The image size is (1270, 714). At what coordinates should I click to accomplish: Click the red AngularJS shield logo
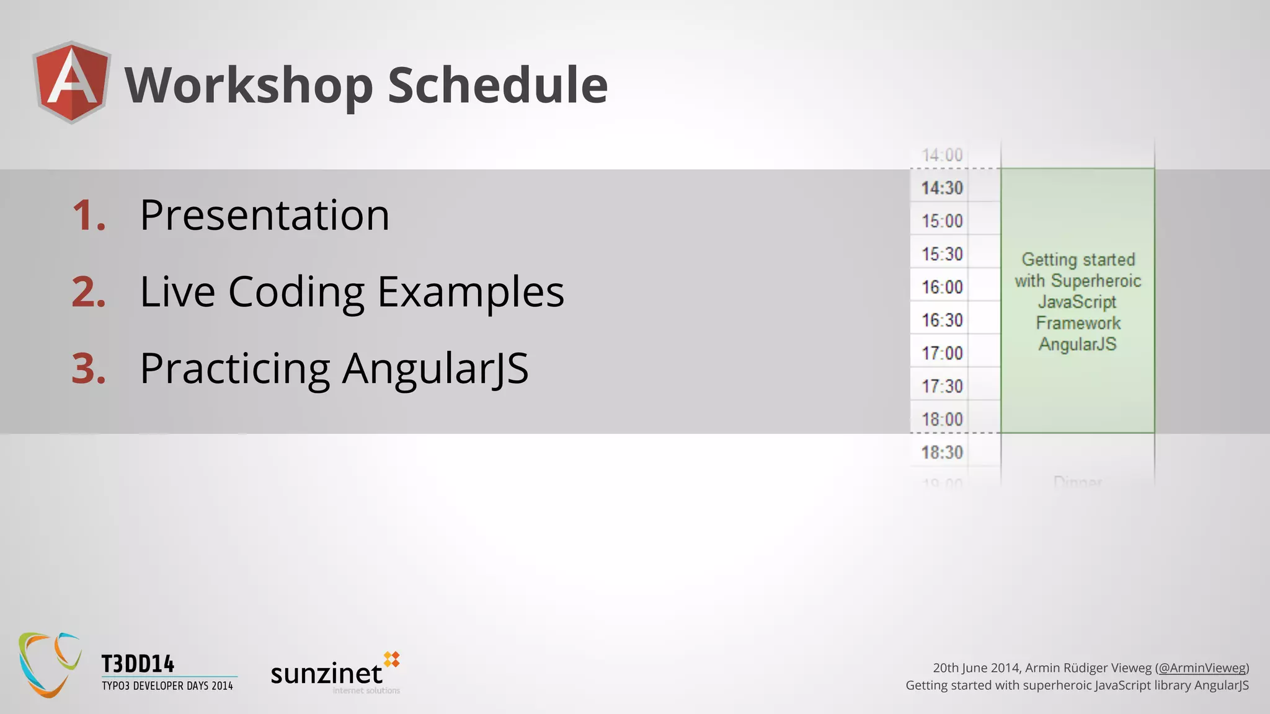(x=73, y=82)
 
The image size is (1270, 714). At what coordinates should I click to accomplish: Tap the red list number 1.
(x=89, y=216)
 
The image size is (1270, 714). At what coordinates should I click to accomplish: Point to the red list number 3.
(x=89, y=369)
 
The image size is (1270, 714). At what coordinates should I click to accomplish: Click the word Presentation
(x=265, y=215)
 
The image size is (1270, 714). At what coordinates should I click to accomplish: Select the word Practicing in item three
(x=235, y=369)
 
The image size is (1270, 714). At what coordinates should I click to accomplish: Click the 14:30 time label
(x=942, y=188)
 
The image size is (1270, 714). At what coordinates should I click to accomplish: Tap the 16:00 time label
(x=942, y=287)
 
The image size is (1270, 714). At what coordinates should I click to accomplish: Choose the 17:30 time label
(x=942, y=386)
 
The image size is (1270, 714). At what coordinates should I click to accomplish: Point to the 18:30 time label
(x=942, y=452)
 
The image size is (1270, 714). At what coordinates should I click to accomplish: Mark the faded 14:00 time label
(x=942, y=155)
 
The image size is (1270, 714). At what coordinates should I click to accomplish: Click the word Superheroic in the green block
(x=1096, y=281)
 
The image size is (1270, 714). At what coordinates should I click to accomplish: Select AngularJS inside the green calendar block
(x=1078, y=344)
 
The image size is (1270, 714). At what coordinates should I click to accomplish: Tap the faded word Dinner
(x=1078, y=482)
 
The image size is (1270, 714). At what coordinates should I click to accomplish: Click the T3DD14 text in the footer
(x=138, y=664)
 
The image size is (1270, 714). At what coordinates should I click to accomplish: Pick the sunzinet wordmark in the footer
(x=327, y=674)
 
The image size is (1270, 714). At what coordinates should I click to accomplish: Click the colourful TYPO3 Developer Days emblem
(x=50, y=664)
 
